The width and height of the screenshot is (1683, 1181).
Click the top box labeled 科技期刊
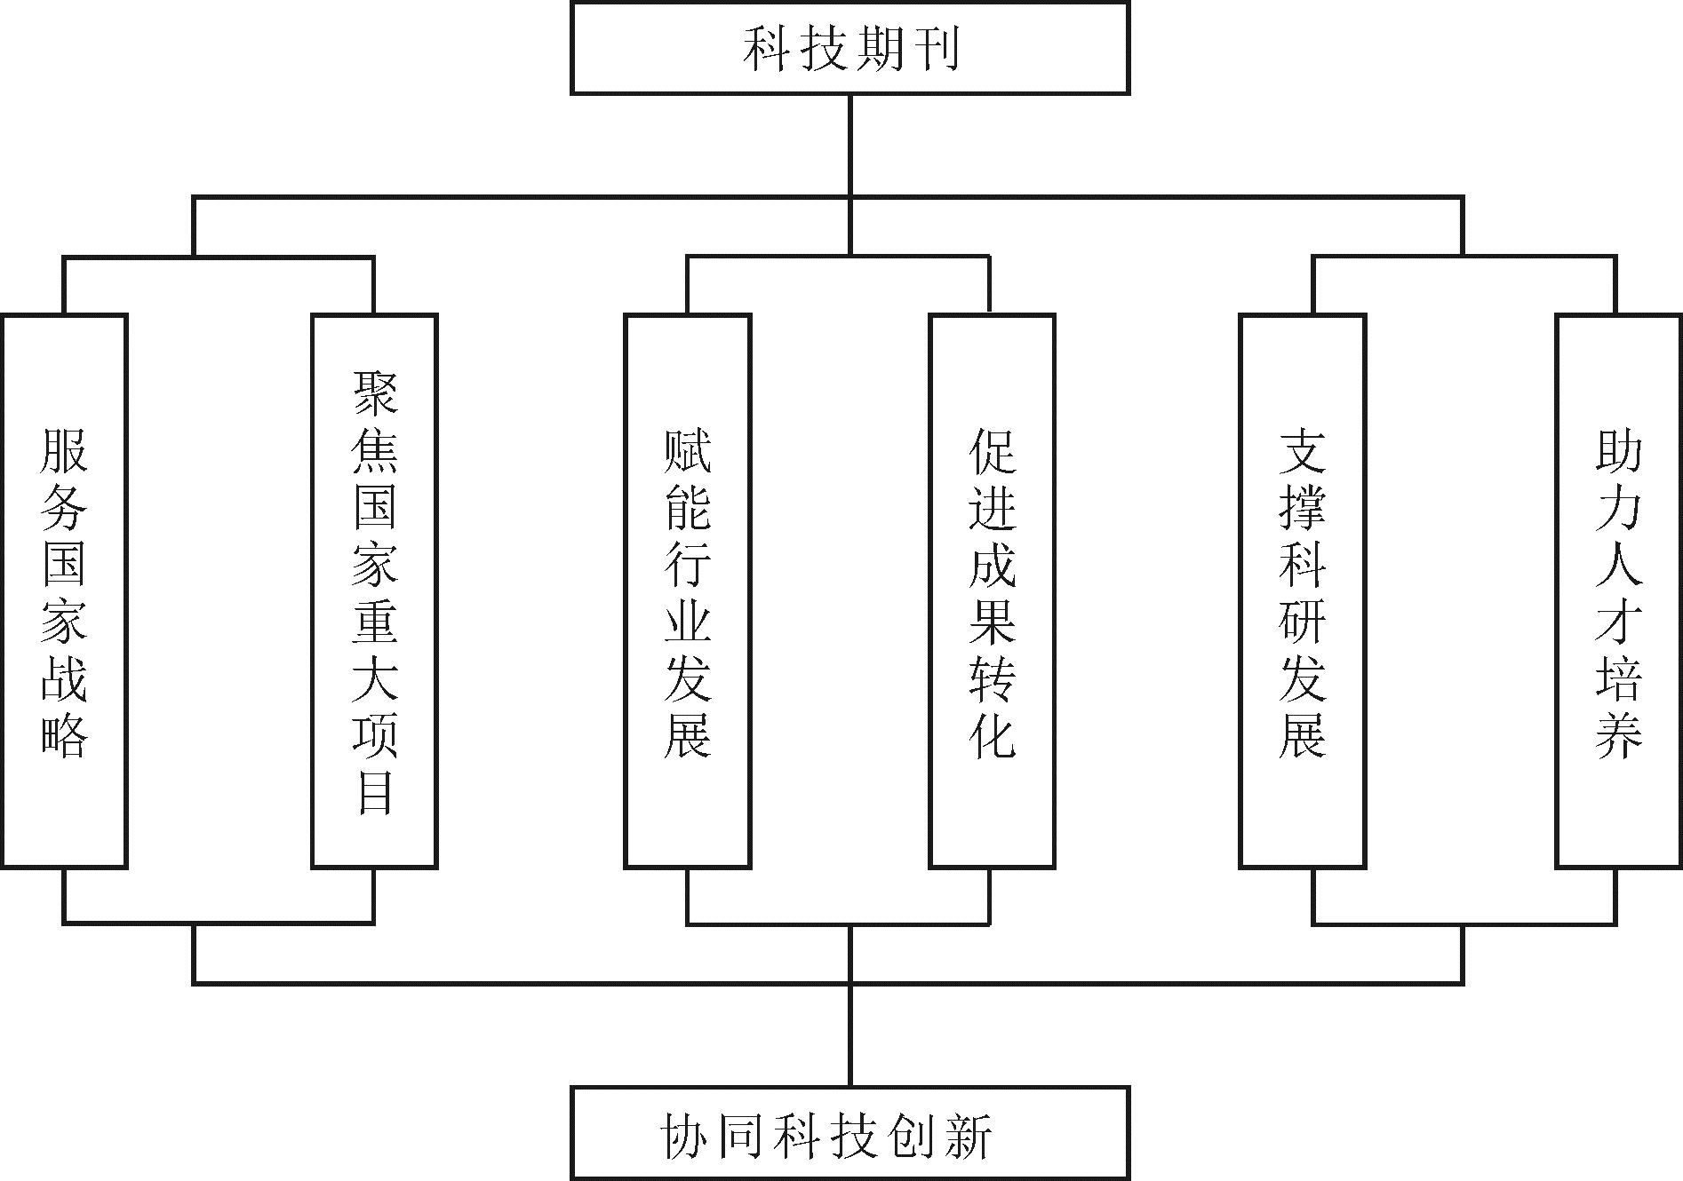(849, 49)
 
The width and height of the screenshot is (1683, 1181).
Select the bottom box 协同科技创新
(849, 1134)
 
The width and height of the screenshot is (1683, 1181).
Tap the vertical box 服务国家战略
(64, 590)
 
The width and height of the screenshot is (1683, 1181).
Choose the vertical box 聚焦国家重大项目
(374, 590)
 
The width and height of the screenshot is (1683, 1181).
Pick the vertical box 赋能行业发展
(688, 590)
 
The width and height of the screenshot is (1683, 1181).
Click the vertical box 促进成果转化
(992, 590)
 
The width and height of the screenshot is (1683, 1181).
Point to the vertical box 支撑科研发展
(1303, 590)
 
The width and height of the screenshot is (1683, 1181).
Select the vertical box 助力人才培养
(1618, 590)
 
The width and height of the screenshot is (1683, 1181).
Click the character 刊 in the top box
(934, 49)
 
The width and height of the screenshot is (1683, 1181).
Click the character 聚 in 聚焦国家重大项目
(375, 392)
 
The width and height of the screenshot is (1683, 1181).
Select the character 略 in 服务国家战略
(64, 732)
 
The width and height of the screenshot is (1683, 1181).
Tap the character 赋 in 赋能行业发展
(688, 451)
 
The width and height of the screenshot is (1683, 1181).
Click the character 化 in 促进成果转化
(992, 732)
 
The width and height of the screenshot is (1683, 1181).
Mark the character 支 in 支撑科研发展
(1303, 451)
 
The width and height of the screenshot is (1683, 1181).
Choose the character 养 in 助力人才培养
(1618, 732)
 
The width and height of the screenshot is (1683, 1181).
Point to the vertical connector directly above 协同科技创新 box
(849, 1034)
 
